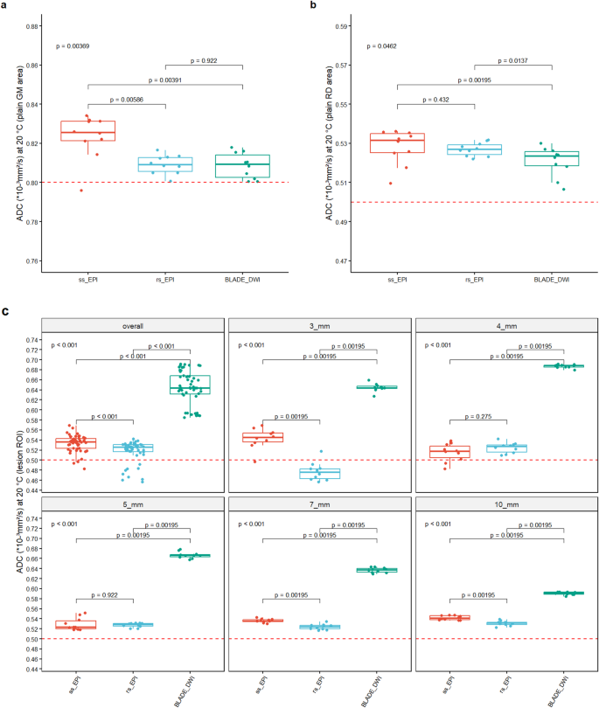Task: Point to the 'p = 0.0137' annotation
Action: click(514, 61)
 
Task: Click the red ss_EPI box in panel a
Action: click(87, 130)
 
